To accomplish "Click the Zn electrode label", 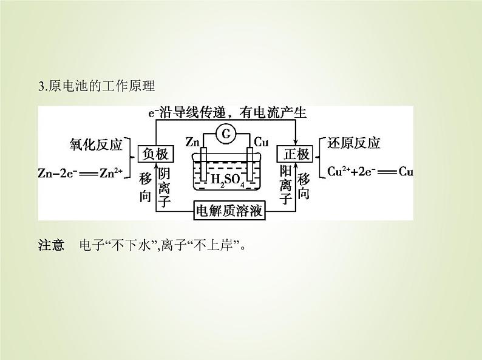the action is tap(193, 142).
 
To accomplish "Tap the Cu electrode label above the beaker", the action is tap(261, 142).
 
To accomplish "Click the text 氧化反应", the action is tap(97, 144).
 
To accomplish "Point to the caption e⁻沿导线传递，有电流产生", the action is tap(228, 113).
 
